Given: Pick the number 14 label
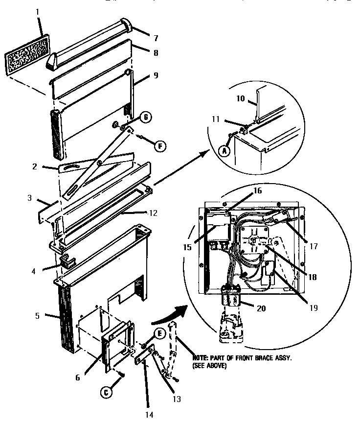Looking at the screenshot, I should (149, 414).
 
